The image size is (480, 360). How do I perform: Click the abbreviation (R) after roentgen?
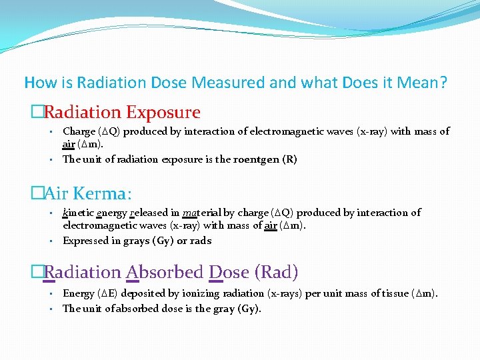pos(289,159)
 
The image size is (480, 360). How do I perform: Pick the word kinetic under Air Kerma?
pos(78,213)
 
